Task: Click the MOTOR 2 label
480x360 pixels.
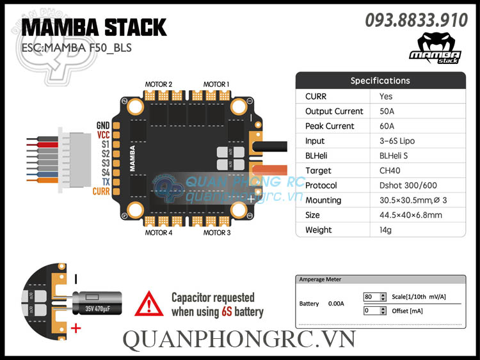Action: (159, 84)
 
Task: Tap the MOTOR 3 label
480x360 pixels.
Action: (217, 233)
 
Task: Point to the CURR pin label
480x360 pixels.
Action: (101, 191)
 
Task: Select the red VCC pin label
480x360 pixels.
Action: (103, 135)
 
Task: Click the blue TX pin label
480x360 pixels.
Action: (105, 182)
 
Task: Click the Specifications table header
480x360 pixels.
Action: (380, 81)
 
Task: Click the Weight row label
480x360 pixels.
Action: (319, 230)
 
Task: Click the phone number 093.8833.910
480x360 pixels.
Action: (416, 20)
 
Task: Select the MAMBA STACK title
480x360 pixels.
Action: (94, 27)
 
